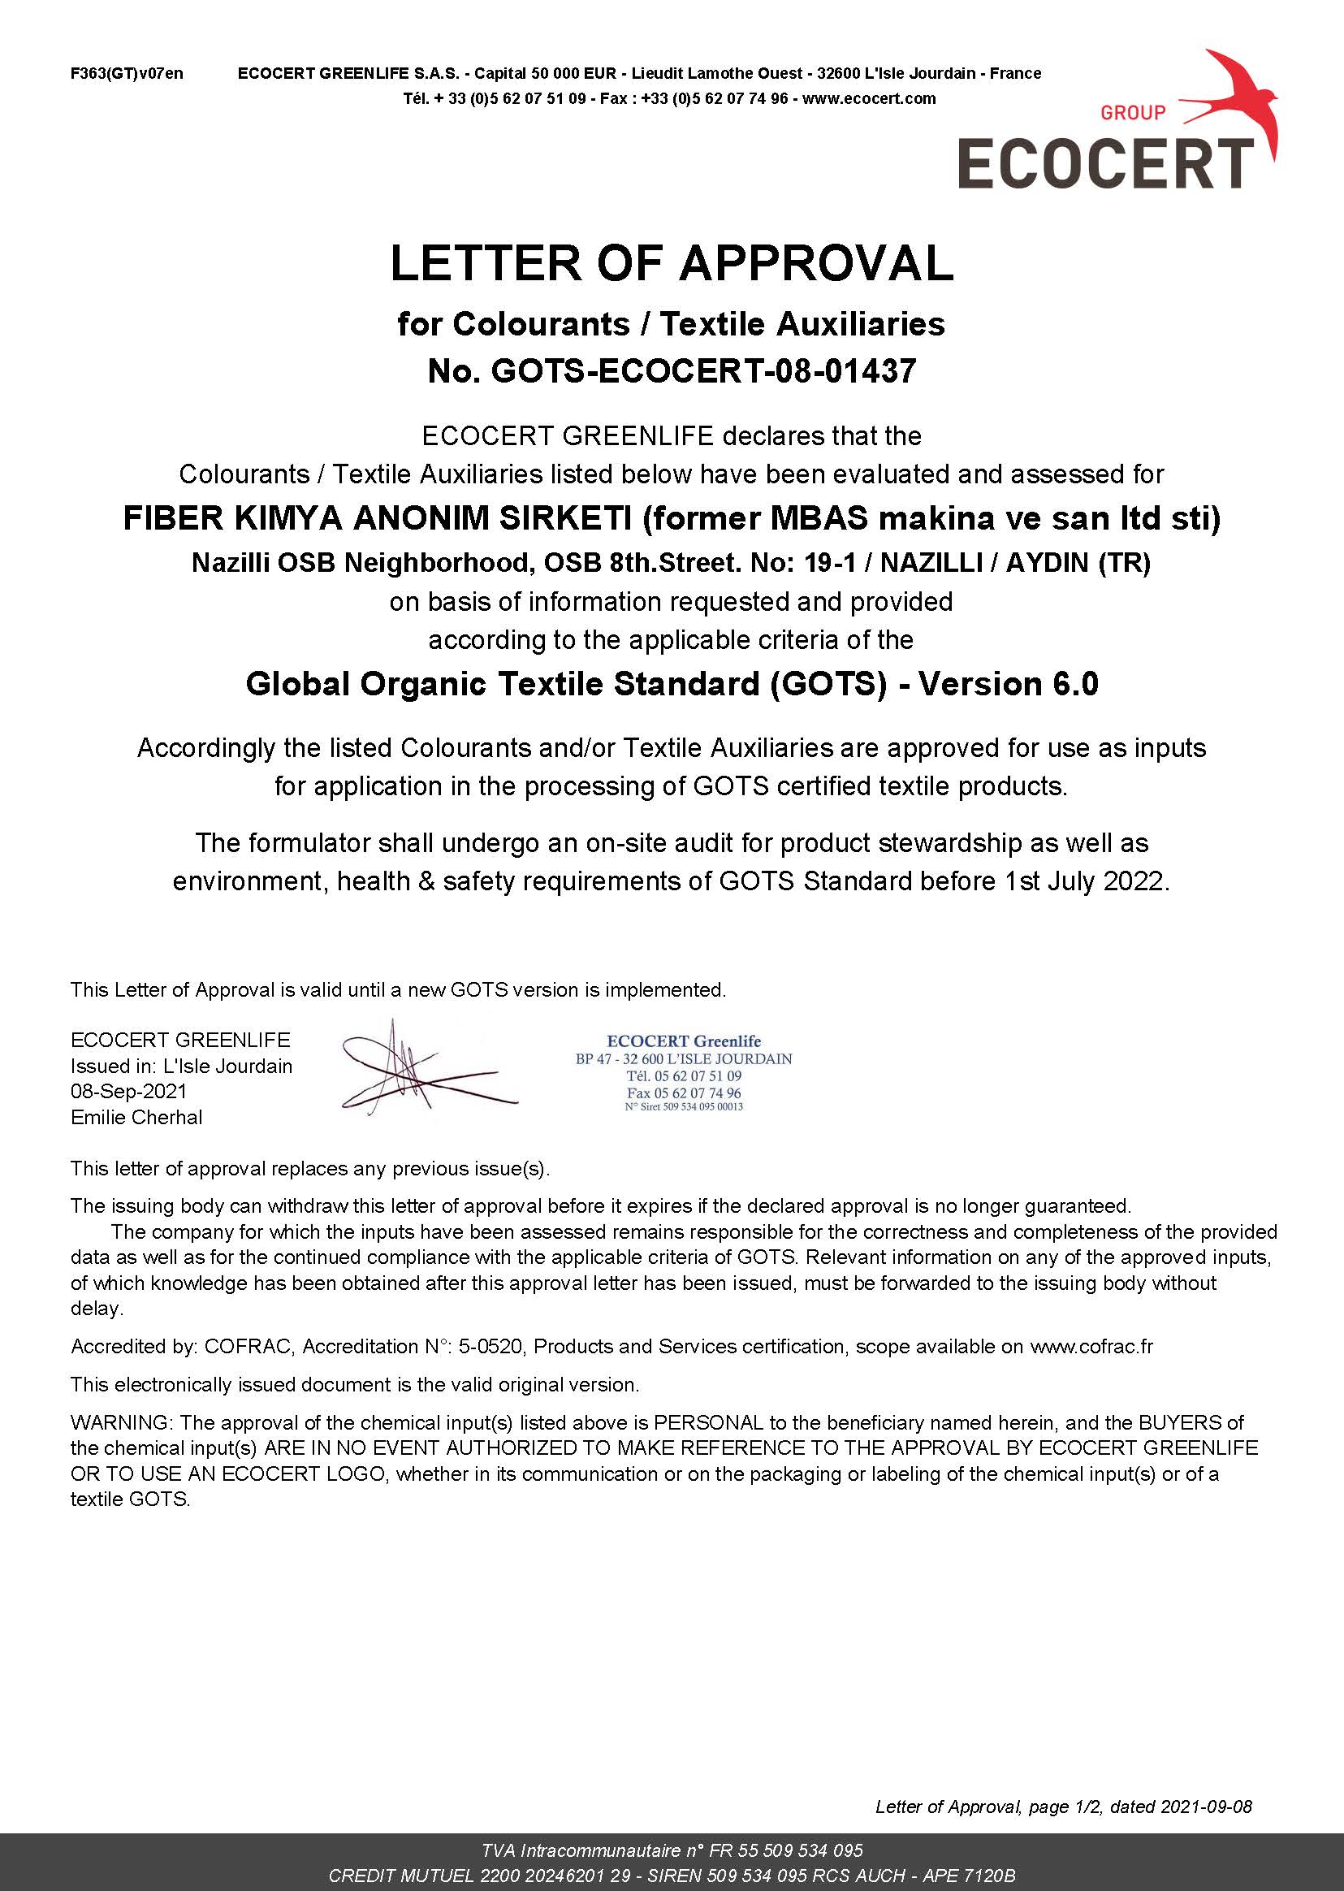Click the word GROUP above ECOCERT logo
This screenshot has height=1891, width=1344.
(x=1132, y=113)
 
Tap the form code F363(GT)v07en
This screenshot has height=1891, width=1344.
(x=127, y=74)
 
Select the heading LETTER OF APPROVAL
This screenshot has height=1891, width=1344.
(x=671, y=263)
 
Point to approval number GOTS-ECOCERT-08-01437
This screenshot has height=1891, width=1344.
(x=703, y=370)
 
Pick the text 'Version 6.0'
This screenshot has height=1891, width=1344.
(x=1008, y=684)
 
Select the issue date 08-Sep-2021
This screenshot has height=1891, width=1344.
(x=128, y=1092)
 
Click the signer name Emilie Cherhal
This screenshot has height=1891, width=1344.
(x=136, y=1117)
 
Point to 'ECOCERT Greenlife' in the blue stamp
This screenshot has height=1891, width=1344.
(x=684, y=1041)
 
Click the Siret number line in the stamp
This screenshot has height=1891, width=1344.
(x=684, y=1106)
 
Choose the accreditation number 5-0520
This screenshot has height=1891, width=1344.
(x=490, y=1347)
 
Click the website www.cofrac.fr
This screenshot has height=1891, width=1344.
(x=1090, y=1347)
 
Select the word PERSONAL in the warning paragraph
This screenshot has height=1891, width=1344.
(x=707, y=1422)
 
